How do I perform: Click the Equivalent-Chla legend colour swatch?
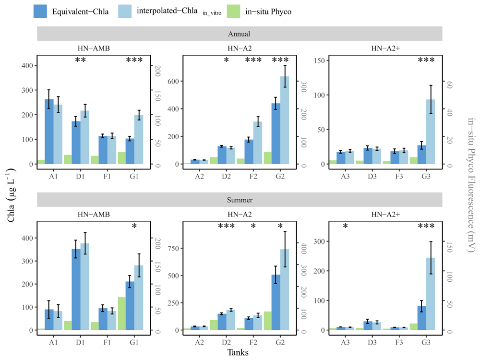click(x=40, y=12)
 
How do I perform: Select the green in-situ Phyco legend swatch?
click(x=234, y=12)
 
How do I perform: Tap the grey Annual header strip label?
click(x=239, y=34)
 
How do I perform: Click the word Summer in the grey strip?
click(x=240, y=200)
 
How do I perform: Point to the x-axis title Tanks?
click(x=238, y=352)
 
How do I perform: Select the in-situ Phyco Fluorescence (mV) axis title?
click(x=472, y=185)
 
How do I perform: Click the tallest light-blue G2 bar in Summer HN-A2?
click(x=285, y=289)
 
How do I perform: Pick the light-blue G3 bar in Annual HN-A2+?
click(x=431, y=132)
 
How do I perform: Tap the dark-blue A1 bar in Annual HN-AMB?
click(x=49, y=132)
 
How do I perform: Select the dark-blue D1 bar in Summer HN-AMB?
click(x=76, y=289)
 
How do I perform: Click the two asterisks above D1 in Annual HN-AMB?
click(x=81, y=60)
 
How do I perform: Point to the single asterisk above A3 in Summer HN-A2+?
click(x=345, y=226)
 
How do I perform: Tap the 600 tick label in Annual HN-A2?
click(x=173, y=81)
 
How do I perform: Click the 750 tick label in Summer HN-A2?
click(x=173, y=248)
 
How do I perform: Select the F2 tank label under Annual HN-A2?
click(x=253, y=176)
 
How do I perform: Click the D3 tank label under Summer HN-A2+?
click(x=372, y=342)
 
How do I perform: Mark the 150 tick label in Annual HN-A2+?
click(x=319, y=60)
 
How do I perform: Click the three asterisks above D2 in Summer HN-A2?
click(x=227, y=226)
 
